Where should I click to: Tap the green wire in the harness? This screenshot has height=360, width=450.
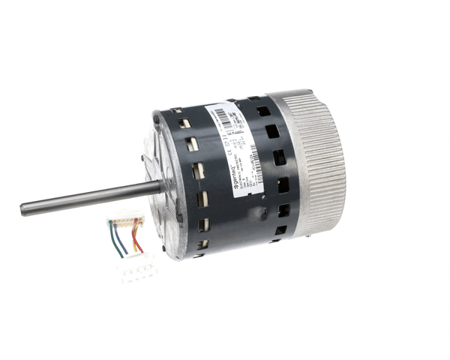(x=120, y=238)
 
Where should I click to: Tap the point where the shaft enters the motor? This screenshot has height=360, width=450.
(x=160, y=186)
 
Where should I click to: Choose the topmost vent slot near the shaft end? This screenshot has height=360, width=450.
(x=178, y=116)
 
